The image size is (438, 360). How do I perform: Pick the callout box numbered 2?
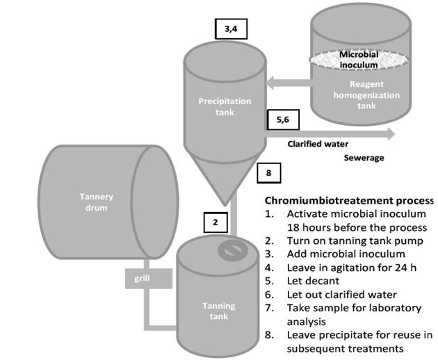(216, 222)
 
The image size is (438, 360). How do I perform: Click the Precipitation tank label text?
(220, 106)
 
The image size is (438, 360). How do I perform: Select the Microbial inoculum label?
(358, 59)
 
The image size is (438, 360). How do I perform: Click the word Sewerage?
(364, 158)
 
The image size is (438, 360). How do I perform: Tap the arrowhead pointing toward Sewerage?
(389, 133)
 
